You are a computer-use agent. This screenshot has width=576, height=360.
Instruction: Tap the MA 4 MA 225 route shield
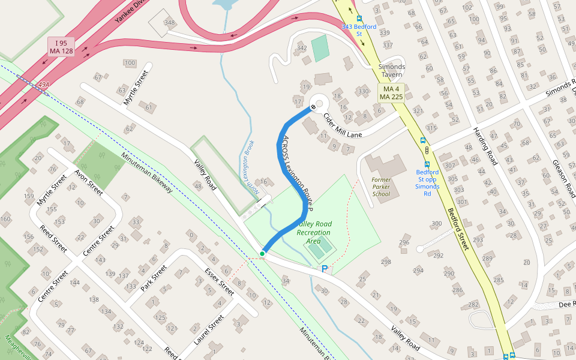pos(391,93)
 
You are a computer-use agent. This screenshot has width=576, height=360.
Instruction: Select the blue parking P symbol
pos(325,270)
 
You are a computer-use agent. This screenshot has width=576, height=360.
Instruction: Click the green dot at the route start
pos(262,254)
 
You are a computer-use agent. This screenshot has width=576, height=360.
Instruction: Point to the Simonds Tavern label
pos(391,70)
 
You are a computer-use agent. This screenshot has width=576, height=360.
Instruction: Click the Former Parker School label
pos(381,187)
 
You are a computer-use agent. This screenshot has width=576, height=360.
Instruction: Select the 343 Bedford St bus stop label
pos(359,30)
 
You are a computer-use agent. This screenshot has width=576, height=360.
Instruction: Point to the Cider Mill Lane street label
pos(343,125)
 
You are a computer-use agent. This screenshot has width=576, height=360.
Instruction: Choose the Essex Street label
pos(219,281)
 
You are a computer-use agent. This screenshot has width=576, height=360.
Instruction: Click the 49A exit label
pos(43,85)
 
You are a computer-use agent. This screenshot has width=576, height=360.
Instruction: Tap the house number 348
pos(170,23)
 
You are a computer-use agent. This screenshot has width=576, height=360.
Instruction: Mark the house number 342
pos(302,48)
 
